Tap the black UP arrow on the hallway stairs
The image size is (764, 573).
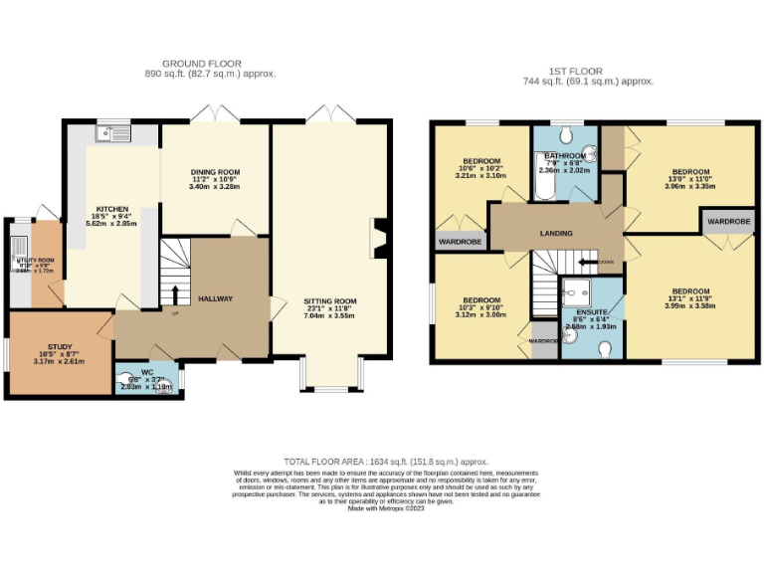tap(175, 295)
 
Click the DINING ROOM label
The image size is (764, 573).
tap(216, 172)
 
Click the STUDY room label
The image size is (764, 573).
tap(59, 346)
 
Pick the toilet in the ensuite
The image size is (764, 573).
tap(606, 349)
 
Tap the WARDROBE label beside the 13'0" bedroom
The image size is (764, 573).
tap(727, 220)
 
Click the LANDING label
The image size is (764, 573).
tap(555, 234)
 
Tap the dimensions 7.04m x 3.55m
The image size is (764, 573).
tap(329, 315)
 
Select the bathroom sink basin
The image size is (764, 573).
tap(591, 153)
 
